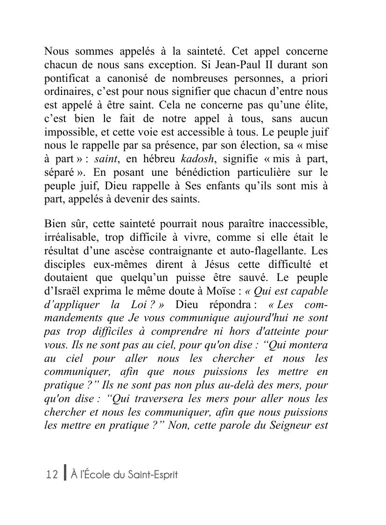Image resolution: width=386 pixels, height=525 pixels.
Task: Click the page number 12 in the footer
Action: pos(52,475)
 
